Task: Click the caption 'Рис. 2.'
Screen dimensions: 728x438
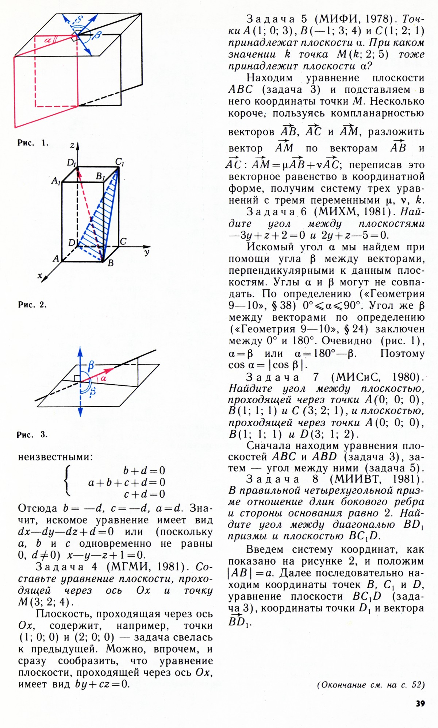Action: tap(32, 305)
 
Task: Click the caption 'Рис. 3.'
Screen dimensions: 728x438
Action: tap(32, 435)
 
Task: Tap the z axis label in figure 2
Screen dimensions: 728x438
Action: tap(72, 146)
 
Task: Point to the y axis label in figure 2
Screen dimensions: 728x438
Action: tap(147, 252)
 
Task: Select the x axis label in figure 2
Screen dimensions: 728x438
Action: tap(40, 276)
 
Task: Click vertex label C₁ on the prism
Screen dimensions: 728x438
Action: tap(120, 161)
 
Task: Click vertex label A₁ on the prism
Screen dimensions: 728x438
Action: tap(56, 180)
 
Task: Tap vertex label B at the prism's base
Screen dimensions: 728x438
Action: tap(110, 263)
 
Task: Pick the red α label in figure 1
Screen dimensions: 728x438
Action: tap(48, 41)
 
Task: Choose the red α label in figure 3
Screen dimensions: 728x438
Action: tap(104, 379)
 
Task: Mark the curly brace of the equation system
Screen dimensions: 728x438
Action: tap(66, 482)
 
